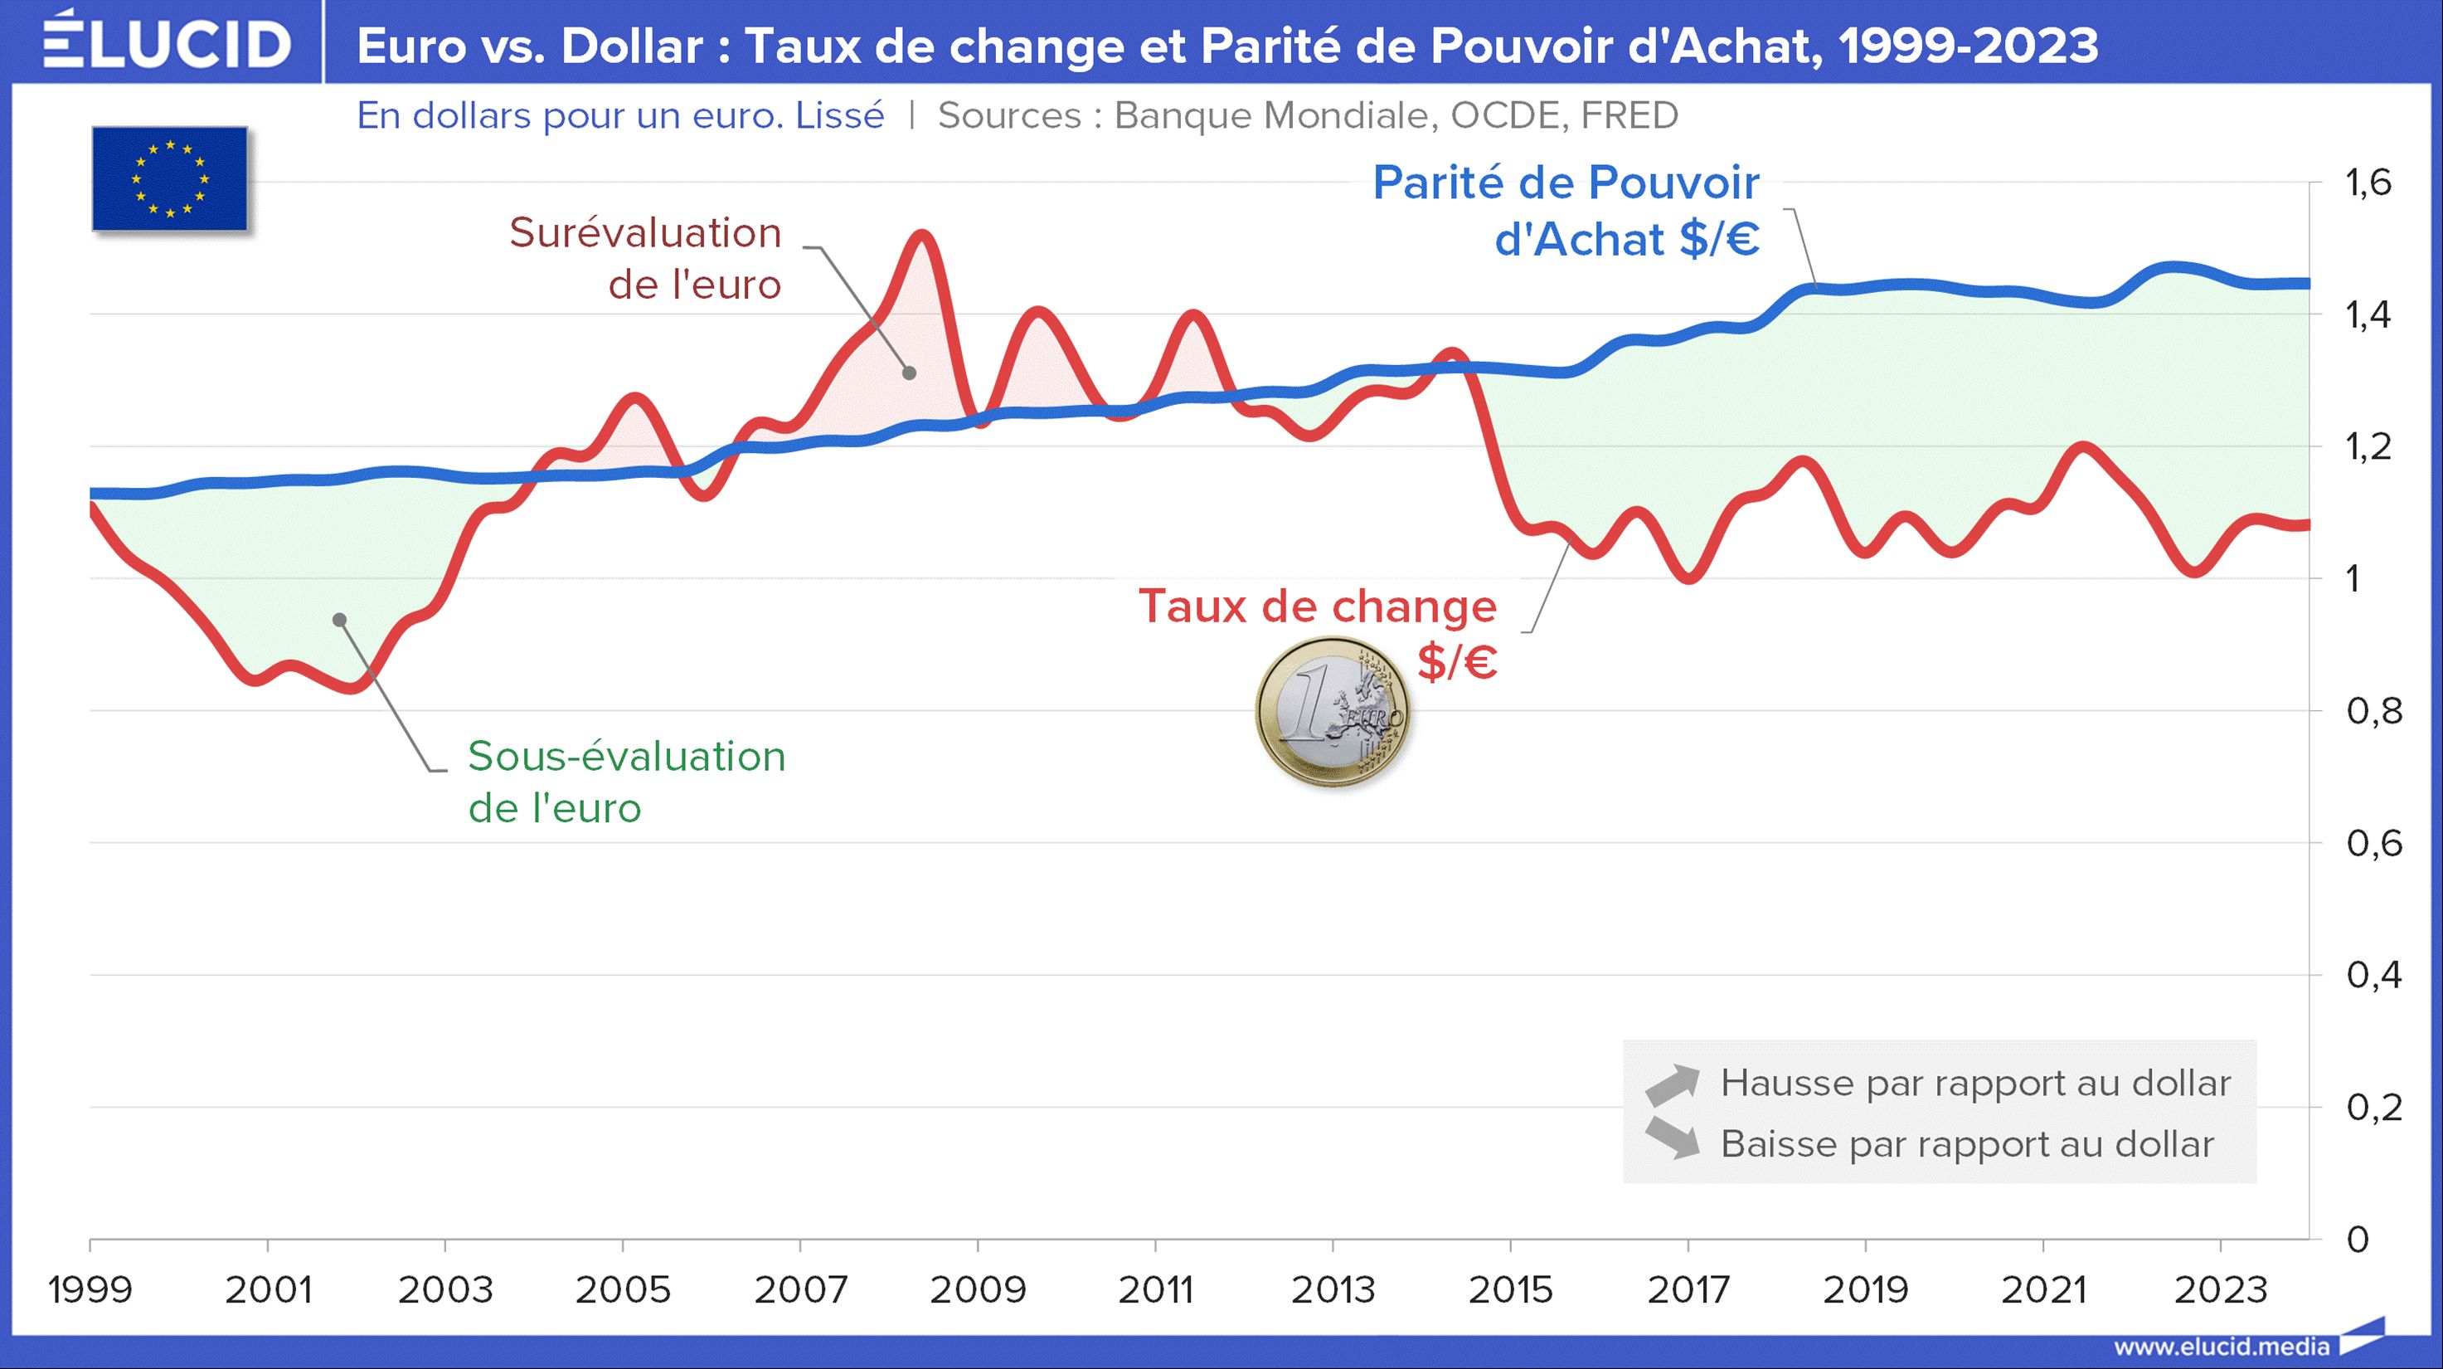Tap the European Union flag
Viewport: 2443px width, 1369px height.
click(170, 178)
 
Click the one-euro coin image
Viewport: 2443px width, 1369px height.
click(1333, 712)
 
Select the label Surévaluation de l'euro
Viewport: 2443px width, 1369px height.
click(645, 258)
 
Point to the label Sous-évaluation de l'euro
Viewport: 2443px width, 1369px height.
click(626, 782)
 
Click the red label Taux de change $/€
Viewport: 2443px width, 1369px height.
click(1319, 633)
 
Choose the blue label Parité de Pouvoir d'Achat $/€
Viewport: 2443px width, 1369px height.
click(1566, 211)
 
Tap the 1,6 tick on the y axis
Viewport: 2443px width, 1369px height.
click(2368, 183)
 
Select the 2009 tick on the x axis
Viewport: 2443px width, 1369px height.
click(978, 1289)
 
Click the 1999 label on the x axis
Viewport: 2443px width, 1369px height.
click(90, 1289)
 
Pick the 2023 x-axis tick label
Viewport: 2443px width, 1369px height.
click(2220, 1289)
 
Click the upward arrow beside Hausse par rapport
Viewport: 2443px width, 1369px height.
click(1671, 1084)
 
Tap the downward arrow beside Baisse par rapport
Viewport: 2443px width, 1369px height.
click(1671, 1139)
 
